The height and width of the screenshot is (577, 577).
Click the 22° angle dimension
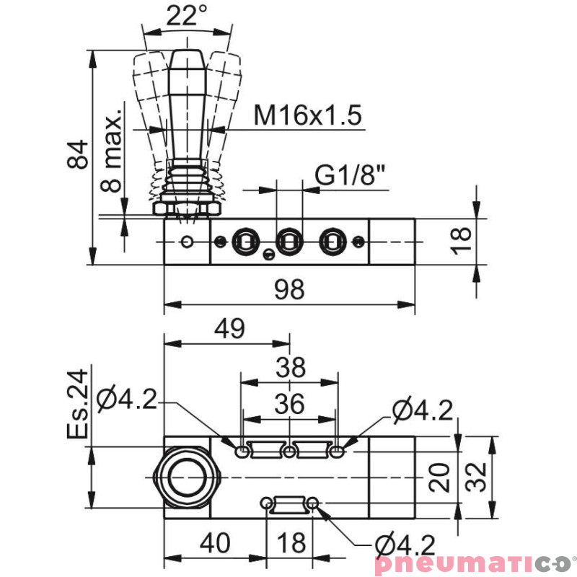coord(187,15)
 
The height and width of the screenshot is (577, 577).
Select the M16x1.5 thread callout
coord(308,115)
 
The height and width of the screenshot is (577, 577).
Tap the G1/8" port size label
coord(350,175)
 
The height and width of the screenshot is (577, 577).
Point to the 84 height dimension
coord(78,154)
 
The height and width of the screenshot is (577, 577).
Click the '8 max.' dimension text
coord(111,150)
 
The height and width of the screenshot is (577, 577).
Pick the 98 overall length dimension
coord(290,290)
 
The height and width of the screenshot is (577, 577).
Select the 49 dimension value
coord(229,329)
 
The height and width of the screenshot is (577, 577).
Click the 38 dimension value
coord(291,367)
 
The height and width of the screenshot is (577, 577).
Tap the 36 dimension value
coord(290,404)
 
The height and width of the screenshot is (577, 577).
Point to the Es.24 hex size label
coord(78,404)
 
